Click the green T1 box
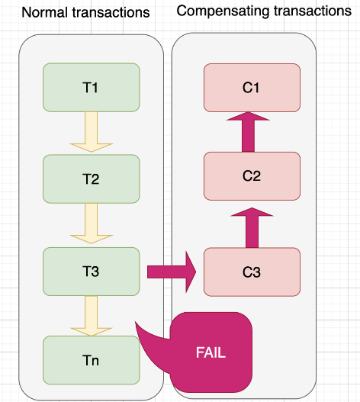(92, 88)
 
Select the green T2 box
(92, 179)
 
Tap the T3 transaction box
(92, 272)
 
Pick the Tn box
(92, 360)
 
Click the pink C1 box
(252, 88)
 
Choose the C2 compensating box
(252, 176)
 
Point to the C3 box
(252, 272)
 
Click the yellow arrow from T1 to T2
(92, 132)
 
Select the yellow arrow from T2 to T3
(92, 224)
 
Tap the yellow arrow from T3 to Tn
(92, 316)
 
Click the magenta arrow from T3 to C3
(172, 272)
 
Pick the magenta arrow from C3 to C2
(252, 227)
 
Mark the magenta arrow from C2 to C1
(248, 132)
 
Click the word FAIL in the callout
(211, 352)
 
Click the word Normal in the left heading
(44, 12)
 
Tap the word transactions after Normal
(111, 12)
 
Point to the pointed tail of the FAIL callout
(136, 321)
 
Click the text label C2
(252, 176)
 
